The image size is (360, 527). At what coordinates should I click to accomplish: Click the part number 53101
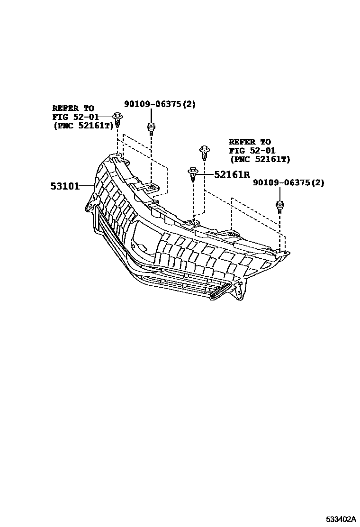click(x=64, y=186)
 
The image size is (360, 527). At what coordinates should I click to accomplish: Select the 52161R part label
click(x=232, y=174)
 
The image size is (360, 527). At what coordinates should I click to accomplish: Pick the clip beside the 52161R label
click(x=193, y=174)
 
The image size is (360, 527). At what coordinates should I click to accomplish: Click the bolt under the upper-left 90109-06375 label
click(x=151, y=128)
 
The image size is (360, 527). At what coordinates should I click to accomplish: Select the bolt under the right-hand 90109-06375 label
click(x=279, y=207)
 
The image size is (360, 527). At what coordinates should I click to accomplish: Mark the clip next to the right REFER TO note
click(x=204, y=152)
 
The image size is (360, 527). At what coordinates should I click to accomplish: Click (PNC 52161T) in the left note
click(x=83, y=125)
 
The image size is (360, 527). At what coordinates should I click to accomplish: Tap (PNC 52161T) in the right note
click(x=260, y=159)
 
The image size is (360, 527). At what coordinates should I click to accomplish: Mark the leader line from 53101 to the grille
click(x=87, y=186)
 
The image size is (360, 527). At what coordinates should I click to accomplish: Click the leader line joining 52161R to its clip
click(x=206, y=174)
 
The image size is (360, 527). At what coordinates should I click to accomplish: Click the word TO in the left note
click(x=88, y=109)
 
